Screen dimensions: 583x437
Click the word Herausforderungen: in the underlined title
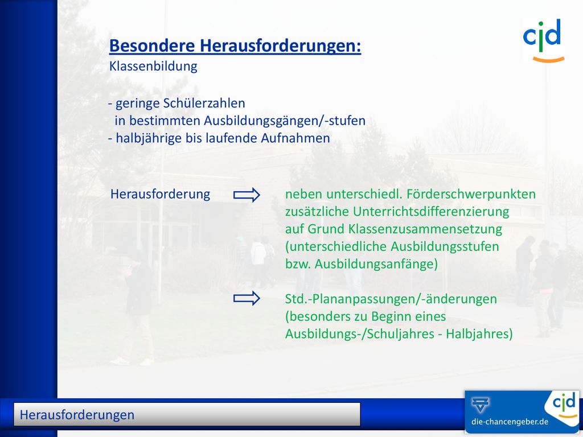pos(280,46)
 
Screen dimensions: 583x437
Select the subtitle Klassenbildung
pos(153,66)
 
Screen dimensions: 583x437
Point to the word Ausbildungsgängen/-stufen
pos(285,121)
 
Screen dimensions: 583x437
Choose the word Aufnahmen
pos(295,138)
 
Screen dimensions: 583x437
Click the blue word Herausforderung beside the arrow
pos(160,194)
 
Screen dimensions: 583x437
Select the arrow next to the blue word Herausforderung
pos(247,195)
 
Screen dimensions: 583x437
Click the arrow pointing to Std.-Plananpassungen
pos(247,298)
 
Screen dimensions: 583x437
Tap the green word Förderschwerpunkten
pos(471,195)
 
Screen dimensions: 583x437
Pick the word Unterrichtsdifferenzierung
pos(431,212)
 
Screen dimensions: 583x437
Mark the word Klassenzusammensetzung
pos(425,229)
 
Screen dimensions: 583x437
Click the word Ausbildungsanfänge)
pos(376,264)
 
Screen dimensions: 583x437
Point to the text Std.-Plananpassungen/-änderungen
pos(391,299)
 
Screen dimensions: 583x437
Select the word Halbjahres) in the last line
pos(479,333)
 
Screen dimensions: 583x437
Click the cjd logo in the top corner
pos(544,40)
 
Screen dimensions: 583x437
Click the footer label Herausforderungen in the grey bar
pos(77,415)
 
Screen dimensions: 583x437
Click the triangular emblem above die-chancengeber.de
pos(481,405)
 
